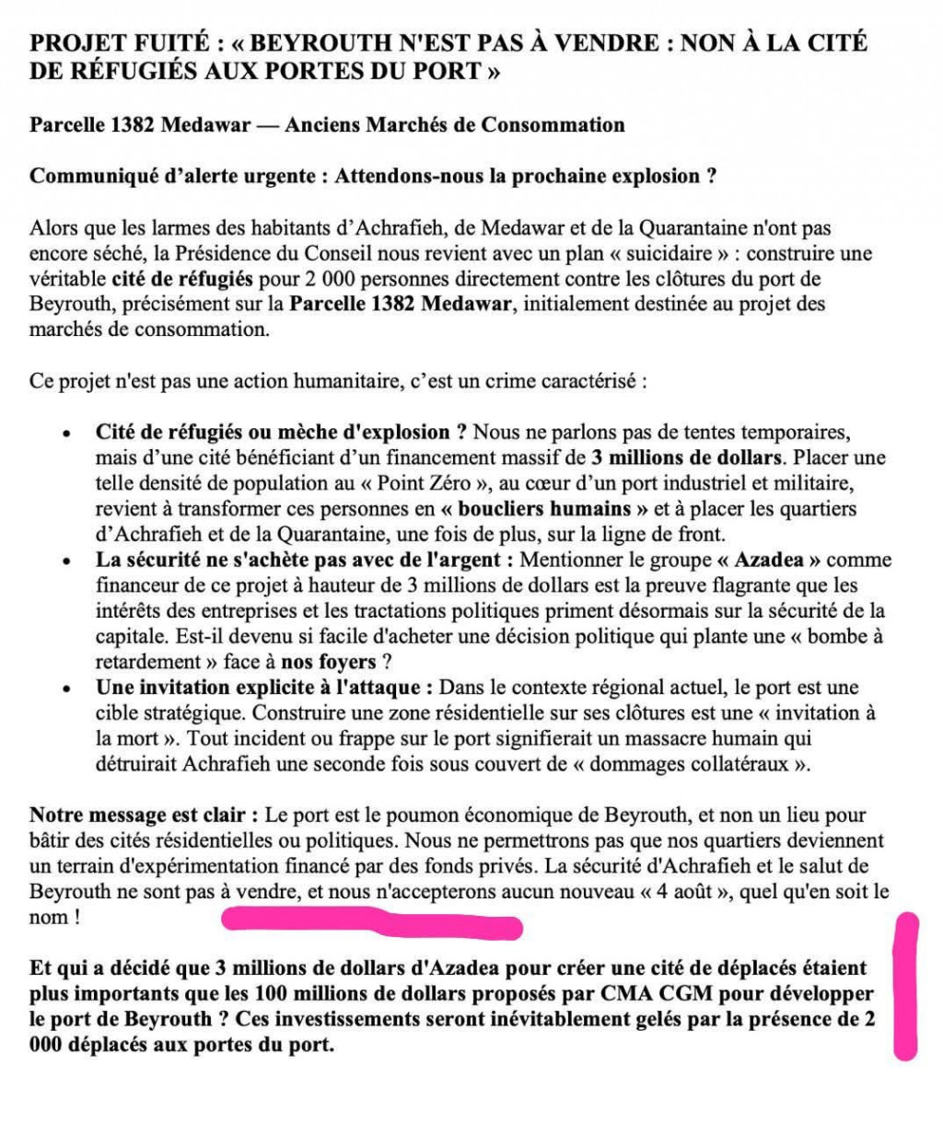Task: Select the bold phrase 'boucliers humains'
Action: pos(542,509)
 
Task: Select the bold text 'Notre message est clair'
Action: pos(139,816)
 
